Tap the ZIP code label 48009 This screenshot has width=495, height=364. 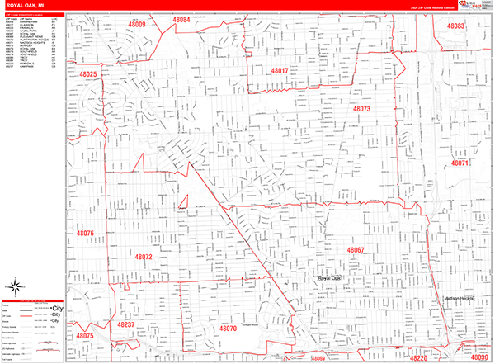click(136, 26)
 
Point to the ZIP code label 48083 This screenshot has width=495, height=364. click(456, 26)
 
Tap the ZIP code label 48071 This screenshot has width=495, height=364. click(460, 163)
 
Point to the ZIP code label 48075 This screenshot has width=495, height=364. click(86, 337)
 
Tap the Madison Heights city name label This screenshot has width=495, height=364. click(460, 299)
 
